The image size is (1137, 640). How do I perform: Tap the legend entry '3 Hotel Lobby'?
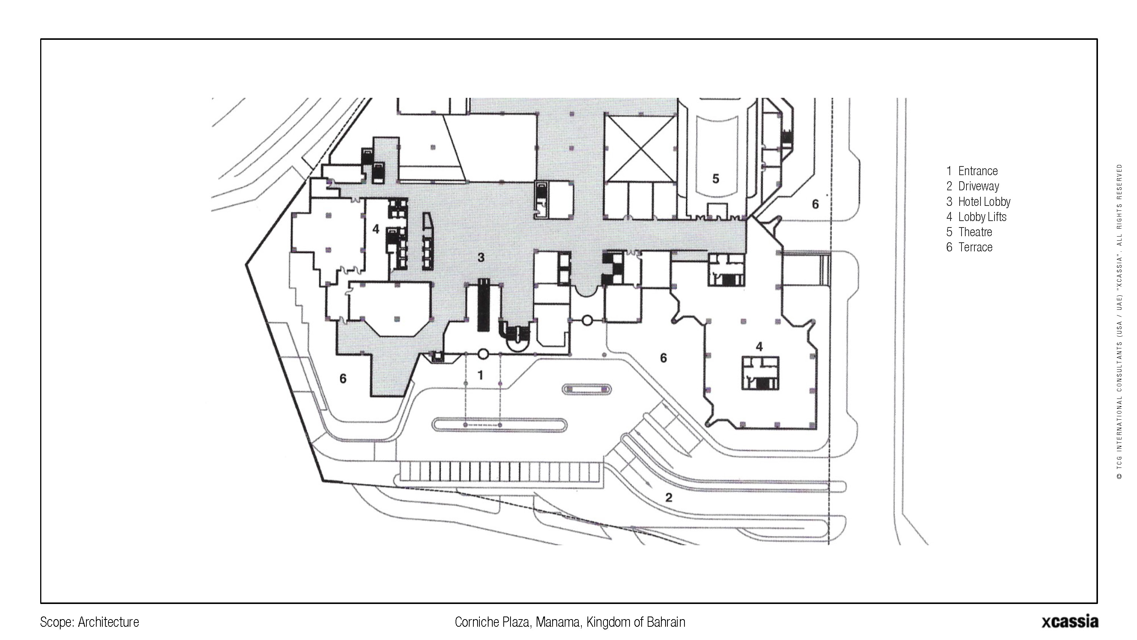978,202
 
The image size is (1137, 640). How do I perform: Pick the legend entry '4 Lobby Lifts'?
976,217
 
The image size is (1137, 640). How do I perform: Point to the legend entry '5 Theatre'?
969,232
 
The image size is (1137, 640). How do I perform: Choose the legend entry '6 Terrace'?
969,247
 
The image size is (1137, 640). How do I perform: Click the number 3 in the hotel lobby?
481,257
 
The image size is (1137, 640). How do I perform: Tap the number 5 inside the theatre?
716,179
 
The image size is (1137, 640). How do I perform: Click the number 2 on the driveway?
669,498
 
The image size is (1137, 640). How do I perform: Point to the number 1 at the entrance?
481,375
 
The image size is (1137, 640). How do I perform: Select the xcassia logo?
1070,621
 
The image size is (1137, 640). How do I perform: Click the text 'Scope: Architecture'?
89,622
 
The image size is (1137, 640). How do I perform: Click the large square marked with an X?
641,148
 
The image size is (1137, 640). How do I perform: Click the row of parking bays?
499,472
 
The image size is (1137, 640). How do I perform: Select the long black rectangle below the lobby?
484,305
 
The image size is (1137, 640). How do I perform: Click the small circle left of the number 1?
483,354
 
